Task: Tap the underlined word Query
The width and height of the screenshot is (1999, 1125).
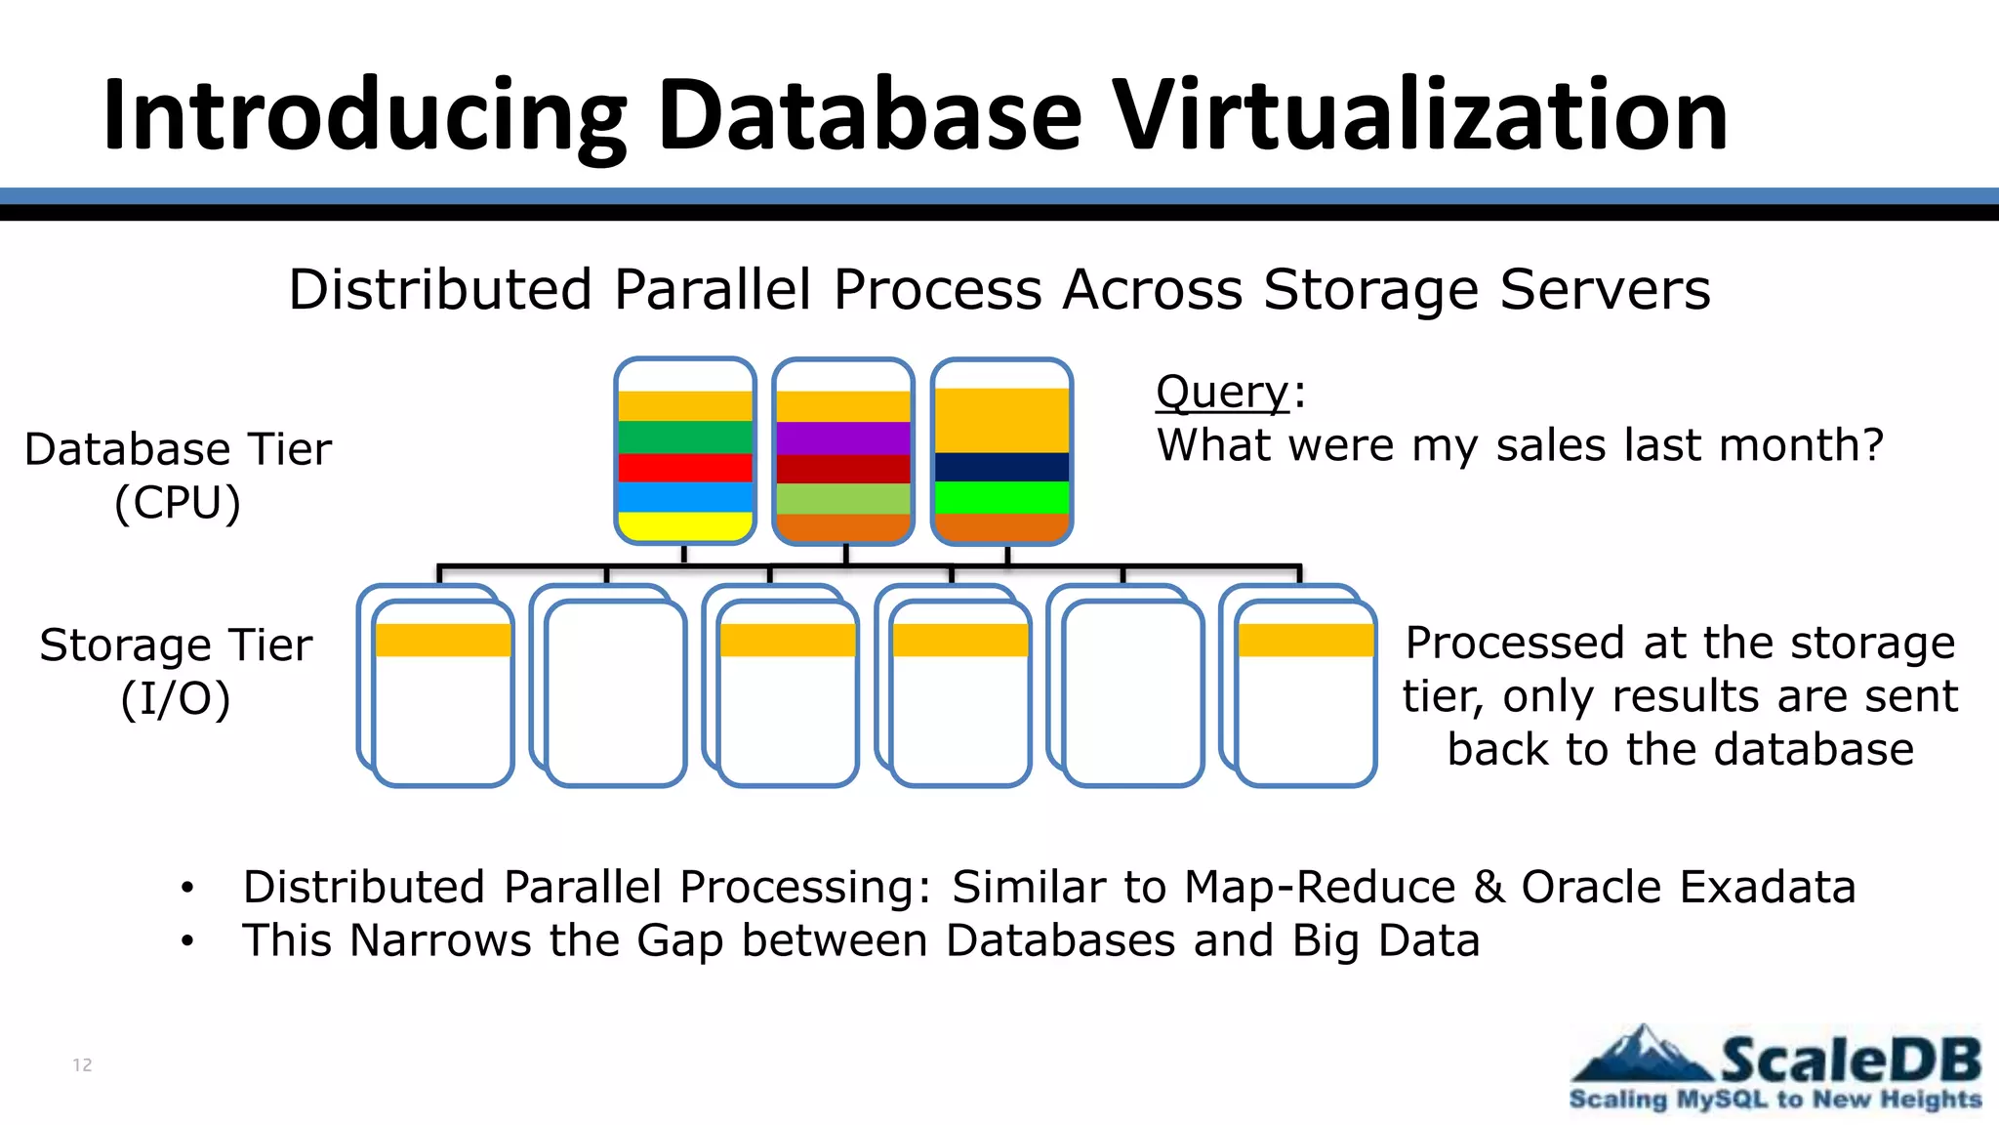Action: (x=1223, y=393)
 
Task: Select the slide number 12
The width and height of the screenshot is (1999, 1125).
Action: (x=82, y=1064)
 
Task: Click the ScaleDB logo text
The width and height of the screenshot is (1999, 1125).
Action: (x=1850, y=1060)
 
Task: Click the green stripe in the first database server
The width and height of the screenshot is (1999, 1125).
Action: (x=685, y=437)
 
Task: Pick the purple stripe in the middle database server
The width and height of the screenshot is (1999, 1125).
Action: (x=843, y=437)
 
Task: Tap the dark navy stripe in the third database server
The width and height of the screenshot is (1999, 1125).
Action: (x=1002, y=467)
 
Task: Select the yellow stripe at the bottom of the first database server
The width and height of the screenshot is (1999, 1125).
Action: (x=685, y=526)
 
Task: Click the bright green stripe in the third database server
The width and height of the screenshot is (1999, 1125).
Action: (x=1002, y=497)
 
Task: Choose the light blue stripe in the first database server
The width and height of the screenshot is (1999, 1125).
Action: (x=685, y=497)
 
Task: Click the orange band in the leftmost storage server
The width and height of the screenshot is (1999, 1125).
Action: (x=443, y=640)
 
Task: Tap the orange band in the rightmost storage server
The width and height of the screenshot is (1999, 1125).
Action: (x=1306, y=640)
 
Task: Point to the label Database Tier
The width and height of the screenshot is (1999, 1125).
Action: (x=178, y=449)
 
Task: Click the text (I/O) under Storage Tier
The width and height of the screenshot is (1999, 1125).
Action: (x=176, y=698)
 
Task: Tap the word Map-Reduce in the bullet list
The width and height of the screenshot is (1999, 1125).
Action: (x=1320, y=887)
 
